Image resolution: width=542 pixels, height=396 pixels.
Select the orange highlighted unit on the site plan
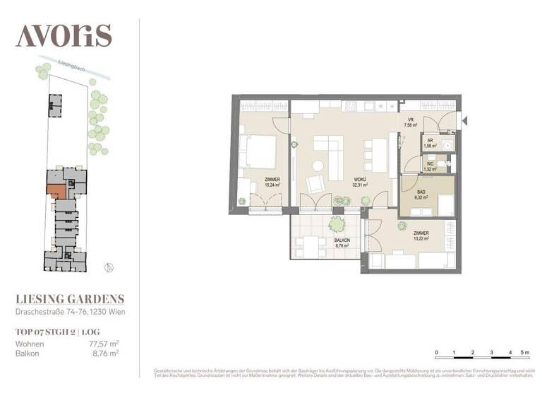[x=56, y=190]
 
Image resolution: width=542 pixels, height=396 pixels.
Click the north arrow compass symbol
[x=108, y=267]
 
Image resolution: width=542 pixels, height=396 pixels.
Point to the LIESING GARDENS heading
[x=70, y=299]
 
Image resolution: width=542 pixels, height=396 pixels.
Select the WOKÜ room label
[x=359, y=180]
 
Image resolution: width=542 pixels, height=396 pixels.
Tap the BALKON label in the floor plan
[x=344, y=240]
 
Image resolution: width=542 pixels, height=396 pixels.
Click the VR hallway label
[x=409, y=120]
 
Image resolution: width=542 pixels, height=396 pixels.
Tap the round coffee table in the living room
[x=318, y=166]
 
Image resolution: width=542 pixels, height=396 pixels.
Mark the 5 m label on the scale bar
[x=523, y=351]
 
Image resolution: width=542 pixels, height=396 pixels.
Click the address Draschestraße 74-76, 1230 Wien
[x=71, y=312]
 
